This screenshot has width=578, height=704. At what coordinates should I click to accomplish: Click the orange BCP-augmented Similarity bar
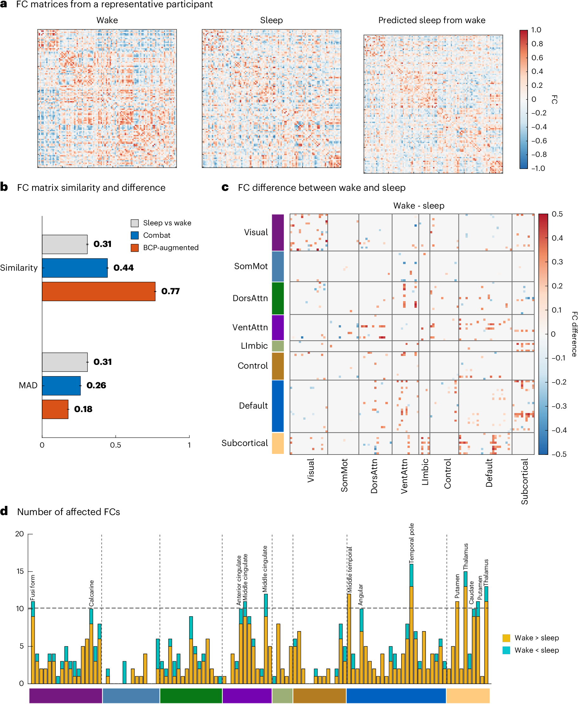click(x=99, y=291)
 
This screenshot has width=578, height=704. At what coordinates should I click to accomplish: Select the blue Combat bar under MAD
click(x=61, y=386)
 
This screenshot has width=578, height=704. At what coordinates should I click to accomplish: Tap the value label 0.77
click(x=170, y=291)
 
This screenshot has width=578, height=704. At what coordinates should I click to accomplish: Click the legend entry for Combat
click(x=157, y=236)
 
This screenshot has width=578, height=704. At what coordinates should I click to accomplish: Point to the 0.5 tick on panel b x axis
click(x=116, y=445)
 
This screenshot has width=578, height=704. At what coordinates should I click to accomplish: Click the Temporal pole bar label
click(x=412, y=543)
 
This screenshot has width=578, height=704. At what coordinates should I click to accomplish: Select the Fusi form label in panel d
click(x=33, y=588)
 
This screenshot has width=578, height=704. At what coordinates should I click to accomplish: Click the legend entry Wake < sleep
click(x=536, y=650)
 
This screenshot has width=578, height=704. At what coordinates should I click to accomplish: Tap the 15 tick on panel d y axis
click(x=20, y=572)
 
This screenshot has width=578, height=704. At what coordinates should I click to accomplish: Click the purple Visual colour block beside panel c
click(x=278, y=232)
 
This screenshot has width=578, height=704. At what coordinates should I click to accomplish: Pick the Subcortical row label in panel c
click(x=245, y=443)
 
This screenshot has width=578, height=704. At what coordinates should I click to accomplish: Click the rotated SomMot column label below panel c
click(x=344, y=475)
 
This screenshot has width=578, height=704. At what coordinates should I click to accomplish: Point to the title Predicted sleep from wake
click(x=432, y=20)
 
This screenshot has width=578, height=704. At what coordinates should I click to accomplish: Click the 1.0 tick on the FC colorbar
click(x=536, y=30)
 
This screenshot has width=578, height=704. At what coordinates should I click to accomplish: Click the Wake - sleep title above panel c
click(x=419, y=206)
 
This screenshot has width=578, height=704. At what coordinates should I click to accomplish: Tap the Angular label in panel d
click(x=361, y=595)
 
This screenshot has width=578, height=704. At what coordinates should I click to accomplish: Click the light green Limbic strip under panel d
click(x=282, y=696)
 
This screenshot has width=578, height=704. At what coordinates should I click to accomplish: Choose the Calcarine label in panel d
click(x=92, y=593)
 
